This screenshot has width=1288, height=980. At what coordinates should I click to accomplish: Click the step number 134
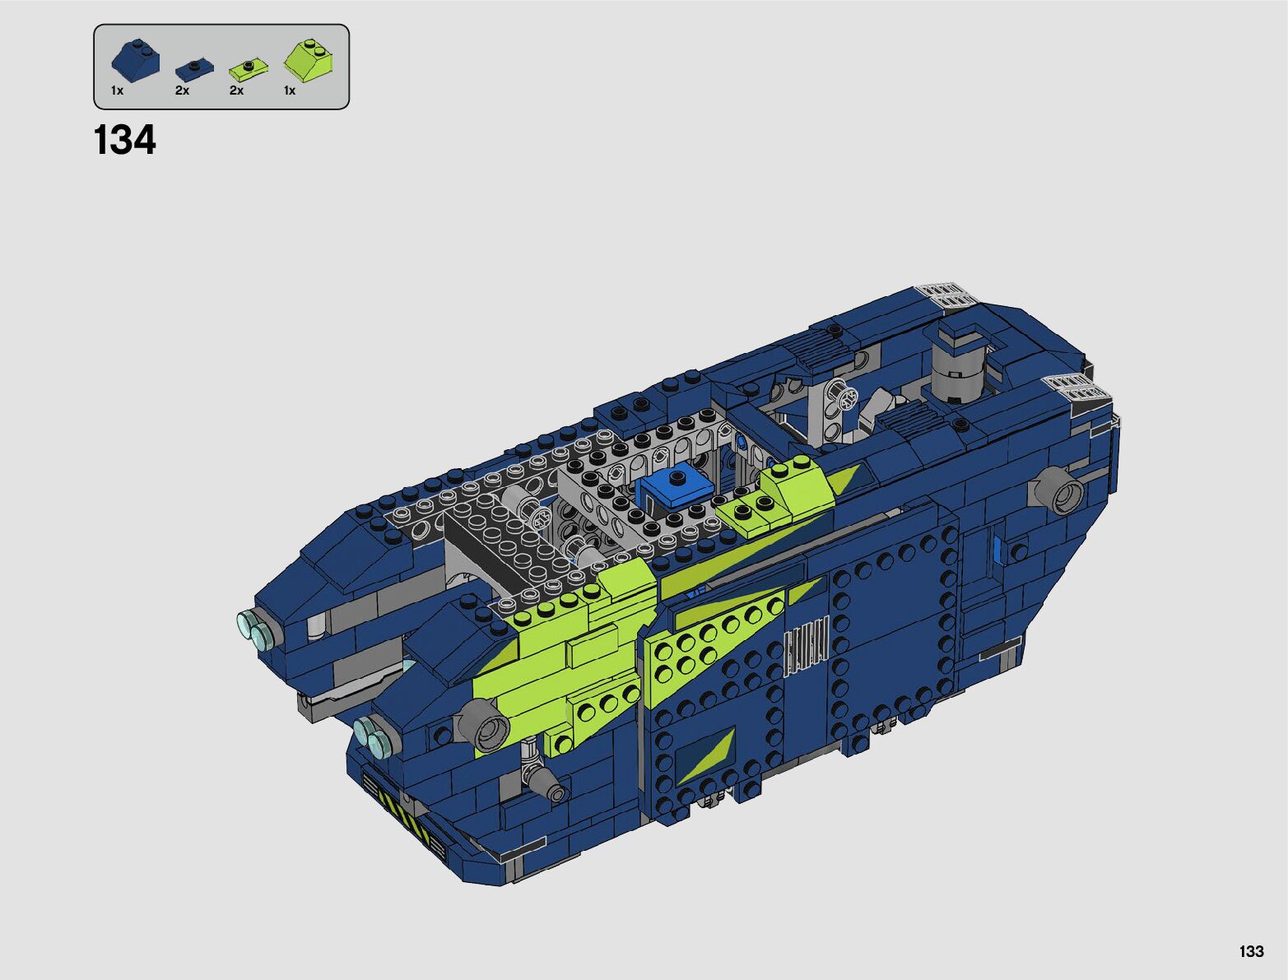[x=124, y=140]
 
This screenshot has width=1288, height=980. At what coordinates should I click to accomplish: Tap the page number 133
[x=1252, y=951]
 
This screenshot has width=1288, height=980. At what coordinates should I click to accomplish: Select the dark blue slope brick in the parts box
[x=136, y=60]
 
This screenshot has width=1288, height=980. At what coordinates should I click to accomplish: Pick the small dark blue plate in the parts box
[x=194, y=70]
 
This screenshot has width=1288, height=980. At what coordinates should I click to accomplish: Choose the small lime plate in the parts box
[x=249, y=70]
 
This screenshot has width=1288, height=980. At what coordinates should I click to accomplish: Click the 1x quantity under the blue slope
[x=118, y=91]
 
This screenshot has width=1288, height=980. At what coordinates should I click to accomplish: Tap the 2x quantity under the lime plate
[x=236, y=91]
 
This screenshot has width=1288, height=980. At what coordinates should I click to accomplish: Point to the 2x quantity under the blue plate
[x=182, y=91]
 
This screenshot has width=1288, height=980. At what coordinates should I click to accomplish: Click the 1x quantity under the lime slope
[x=290, y=91]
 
